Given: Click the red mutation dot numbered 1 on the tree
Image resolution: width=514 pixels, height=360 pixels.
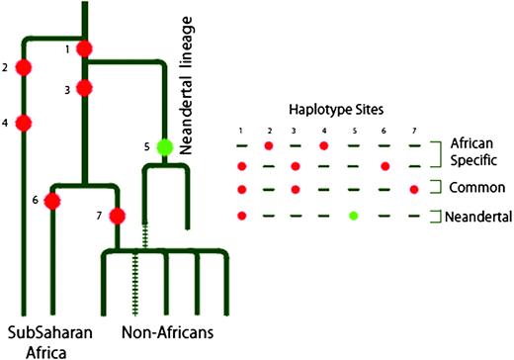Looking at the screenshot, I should [x=85, y=48].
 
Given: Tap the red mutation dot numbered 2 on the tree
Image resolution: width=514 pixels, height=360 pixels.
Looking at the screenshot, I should [x=24, y=68].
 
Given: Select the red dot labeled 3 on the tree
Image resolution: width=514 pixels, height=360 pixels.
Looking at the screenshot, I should [x=85, y=89].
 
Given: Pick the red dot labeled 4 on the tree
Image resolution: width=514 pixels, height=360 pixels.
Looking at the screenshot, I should [x=24, y=124].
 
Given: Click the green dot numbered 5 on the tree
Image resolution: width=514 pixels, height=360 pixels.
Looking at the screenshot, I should [x=165, y=147].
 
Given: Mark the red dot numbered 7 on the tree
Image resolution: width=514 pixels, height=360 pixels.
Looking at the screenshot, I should [x=117, y=216].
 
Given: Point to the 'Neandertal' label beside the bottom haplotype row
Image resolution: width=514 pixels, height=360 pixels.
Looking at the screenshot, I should [x=477, y=217].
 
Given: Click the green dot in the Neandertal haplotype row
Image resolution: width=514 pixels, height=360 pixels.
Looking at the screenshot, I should [x=354, y=216].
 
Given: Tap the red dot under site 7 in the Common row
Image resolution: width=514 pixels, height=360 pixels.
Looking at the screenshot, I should [x=413, y=189].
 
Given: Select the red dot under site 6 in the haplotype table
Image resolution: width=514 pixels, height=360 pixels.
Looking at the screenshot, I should [x=385, y=166].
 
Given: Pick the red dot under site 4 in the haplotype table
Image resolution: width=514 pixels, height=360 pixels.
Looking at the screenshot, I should [x=324, y=145].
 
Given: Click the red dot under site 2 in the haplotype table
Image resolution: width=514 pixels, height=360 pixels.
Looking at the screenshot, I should [x=269, y=145].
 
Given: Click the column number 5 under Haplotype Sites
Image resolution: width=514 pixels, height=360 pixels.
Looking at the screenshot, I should [x=354, y=129].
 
